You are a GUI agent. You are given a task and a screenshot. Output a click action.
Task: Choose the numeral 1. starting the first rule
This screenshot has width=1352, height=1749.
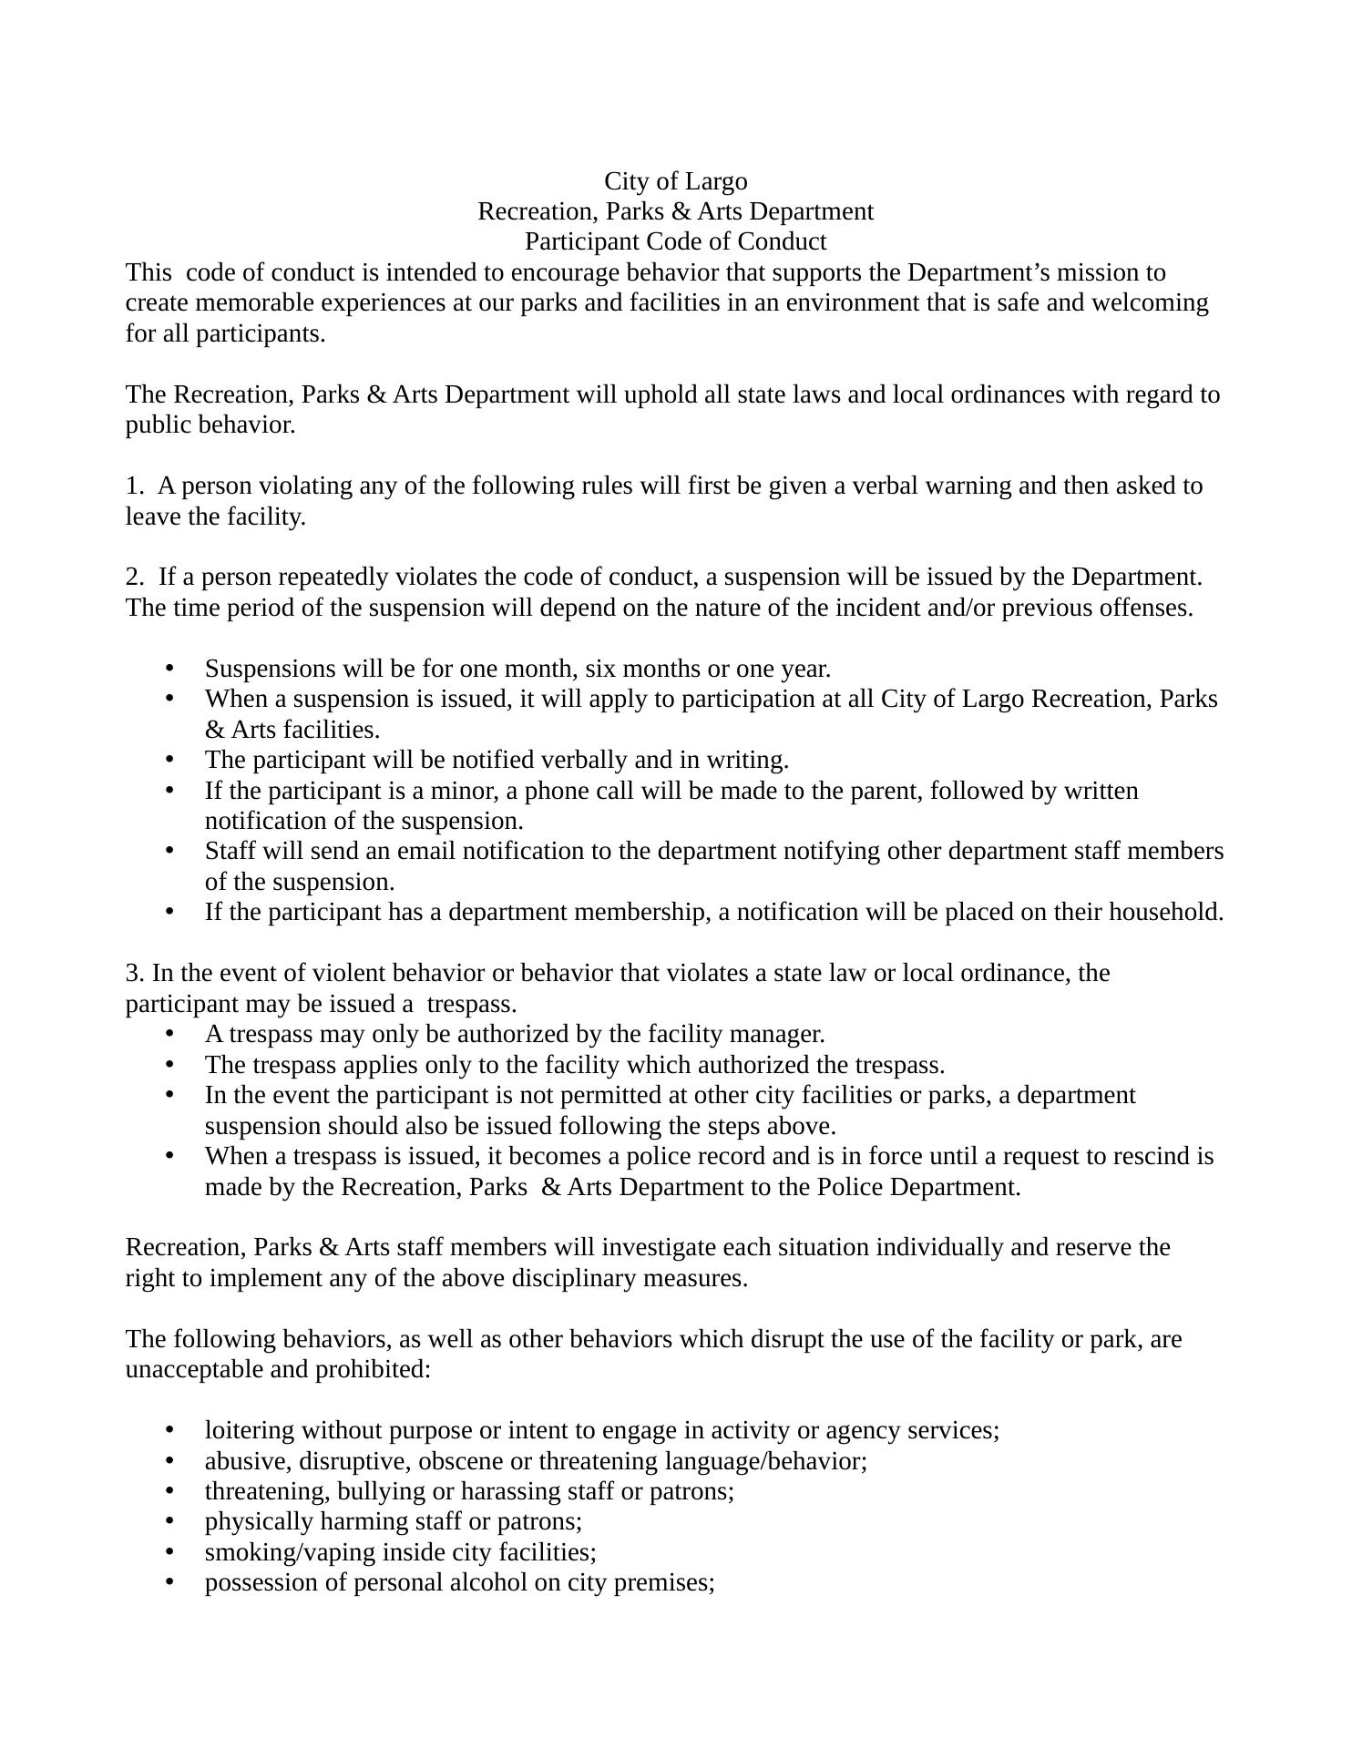point(133,486)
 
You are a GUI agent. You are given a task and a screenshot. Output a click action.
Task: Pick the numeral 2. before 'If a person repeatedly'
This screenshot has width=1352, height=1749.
point(134,577)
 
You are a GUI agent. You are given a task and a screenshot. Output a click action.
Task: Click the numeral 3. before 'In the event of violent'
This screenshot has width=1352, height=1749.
point(134,973)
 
